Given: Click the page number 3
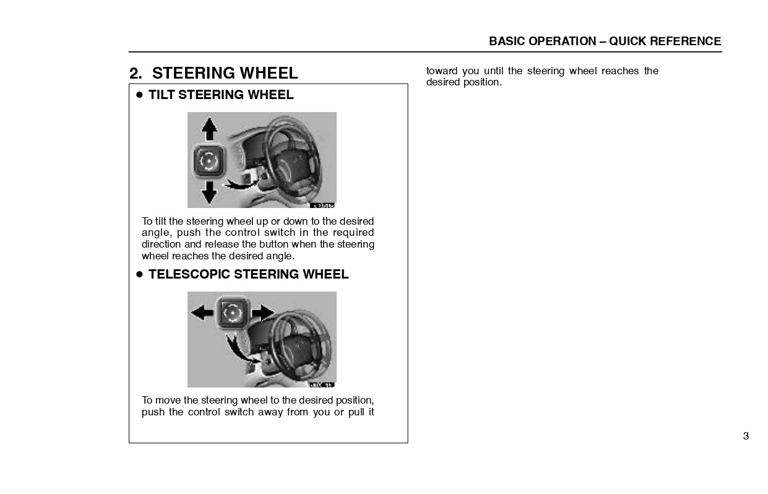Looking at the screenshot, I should point(746,436).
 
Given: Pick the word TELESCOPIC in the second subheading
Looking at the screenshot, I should point(189,274).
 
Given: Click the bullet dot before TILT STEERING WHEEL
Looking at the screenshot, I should point(140,95).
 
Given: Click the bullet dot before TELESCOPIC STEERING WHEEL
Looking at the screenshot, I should point(140,274).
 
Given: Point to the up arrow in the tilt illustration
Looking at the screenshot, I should point(210,129).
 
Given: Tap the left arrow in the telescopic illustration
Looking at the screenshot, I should point(202,312).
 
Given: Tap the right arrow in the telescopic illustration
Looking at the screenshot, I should point(263,312).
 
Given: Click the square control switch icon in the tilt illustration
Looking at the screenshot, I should point(209,161).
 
